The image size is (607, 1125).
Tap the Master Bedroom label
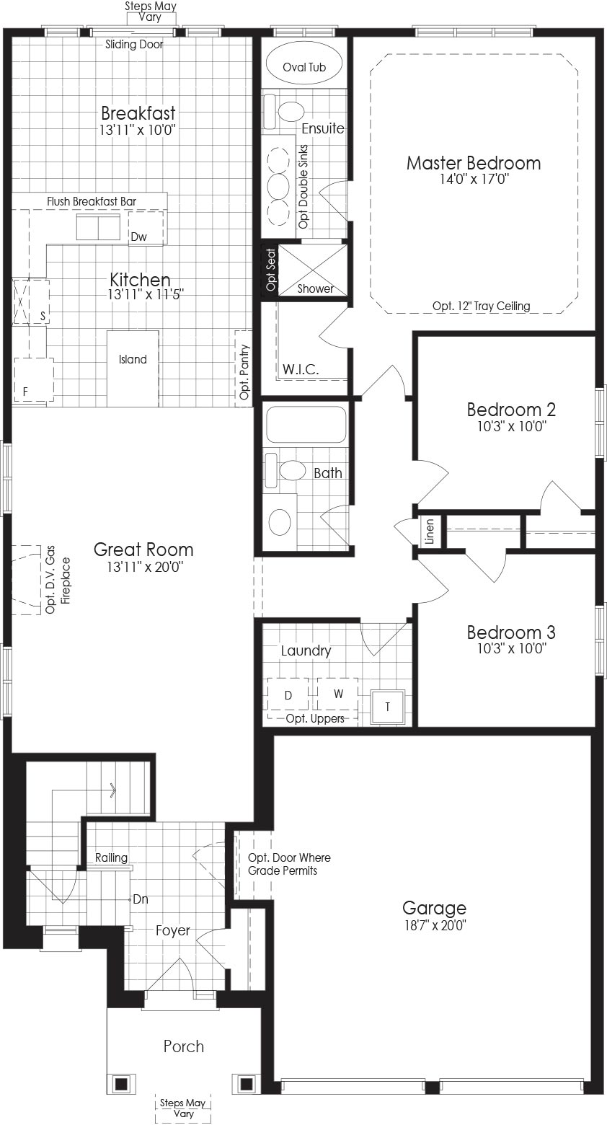pyautogui.click(x=474, y=163)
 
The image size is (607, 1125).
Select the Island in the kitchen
pyautogui.click(x=133, y=368)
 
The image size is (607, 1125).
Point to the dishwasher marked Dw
pyautogui.click(x=146, y=227)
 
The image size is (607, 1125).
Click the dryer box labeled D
pyautogui.click(x=288, y=694)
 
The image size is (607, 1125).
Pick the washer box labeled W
pyautogui.click(x=337, y=694)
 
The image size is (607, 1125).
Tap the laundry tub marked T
pyautogui.click(x=387, y=707)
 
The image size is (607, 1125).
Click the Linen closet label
pyautogui.click(x=429, y=532)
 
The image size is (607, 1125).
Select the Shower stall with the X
pyautogui.click(x=312, y=270)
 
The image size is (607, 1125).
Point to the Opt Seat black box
pyautogui.click(x=270, y=270)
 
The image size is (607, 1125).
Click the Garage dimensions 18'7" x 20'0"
pyautogui.click(x=435, y=925)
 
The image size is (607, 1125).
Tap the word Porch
pyautogui.click(x=184, y=1046)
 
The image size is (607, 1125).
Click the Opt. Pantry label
pyautogui.click(x=244, y=371)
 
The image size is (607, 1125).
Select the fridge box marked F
pyautogui.click(x=34, y=379)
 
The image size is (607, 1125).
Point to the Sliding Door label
pyautogui.click(x=134, y=44)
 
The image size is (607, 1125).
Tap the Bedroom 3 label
pyautogui.click(x=511, y=632)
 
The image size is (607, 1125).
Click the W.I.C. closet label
pyautogui.click(x=300, y=370)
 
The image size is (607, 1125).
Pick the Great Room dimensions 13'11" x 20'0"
pyautogui.click(x=145, y=567)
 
